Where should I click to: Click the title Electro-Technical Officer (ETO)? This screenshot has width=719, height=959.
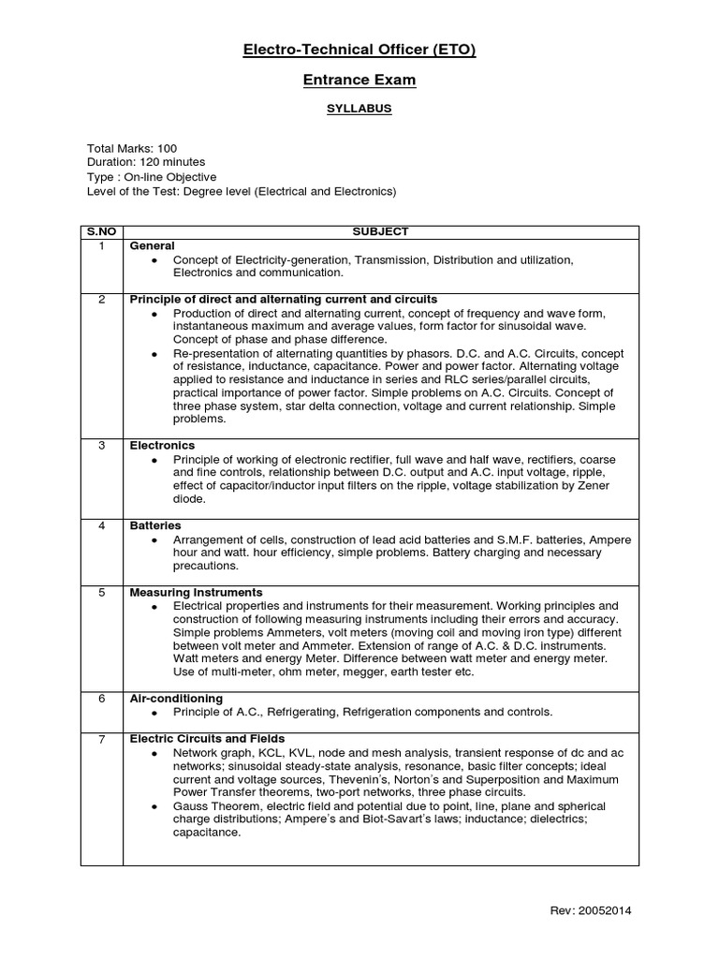(x=359, y=51)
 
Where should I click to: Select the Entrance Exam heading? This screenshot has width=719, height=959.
(x=359, y=81)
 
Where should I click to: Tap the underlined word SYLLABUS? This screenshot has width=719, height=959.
(x=359, y=109)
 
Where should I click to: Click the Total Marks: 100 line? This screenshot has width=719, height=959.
(x=132, y=149)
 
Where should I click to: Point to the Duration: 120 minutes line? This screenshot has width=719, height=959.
(x=146, y=162)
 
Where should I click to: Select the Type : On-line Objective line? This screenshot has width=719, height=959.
(x=152, y=177)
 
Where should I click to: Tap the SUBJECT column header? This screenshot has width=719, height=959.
(x=380, y=231)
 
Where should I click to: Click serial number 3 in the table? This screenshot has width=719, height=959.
(x=101, y=446)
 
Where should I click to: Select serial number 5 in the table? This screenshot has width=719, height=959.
(x=101, y=593)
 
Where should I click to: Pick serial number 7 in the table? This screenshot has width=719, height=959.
(x=101, y=739)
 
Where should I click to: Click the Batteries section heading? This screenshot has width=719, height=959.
(x=155, y=526)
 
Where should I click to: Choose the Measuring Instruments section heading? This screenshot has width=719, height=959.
(x=196, y=593)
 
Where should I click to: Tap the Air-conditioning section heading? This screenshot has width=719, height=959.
(x=176, y=699)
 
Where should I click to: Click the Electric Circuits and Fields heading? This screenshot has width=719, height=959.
(x=207, y=739)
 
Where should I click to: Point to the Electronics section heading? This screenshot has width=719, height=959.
(x=162, y=446)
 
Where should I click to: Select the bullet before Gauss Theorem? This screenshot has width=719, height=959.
(x=154, y=806)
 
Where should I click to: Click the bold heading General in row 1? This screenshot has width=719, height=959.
(x=153, y=245)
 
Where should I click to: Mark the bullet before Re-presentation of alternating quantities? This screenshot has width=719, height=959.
(x=154, y=353)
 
